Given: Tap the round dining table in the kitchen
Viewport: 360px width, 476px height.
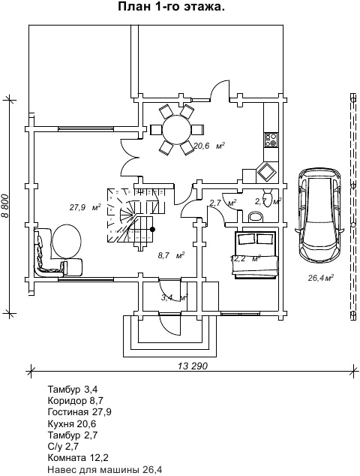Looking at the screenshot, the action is (177, 128).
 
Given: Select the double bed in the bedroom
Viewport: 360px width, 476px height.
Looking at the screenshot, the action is (255, 255).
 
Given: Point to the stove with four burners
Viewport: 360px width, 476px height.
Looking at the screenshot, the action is (271, 140).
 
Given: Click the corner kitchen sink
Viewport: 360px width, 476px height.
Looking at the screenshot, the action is (266, 173).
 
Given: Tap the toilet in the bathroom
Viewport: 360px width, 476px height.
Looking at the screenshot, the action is (267, 197).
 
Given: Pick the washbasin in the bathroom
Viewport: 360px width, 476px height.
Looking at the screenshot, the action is (256, 217).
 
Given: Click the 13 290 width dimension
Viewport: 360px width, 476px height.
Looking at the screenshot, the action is (193, 366).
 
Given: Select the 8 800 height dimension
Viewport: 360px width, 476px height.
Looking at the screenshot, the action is (5, 206).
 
